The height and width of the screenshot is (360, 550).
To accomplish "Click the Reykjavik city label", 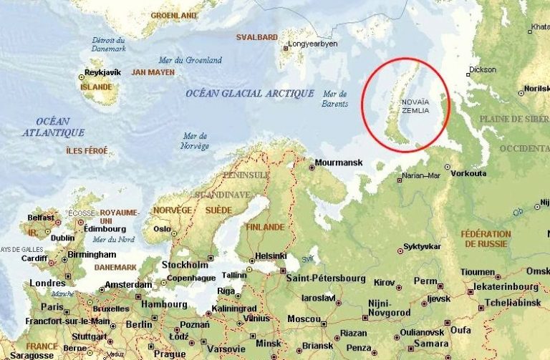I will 104,72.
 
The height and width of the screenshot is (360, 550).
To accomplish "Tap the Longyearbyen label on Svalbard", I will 312,44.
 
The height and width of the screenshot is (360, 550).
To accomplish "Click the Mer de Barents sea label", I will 335,99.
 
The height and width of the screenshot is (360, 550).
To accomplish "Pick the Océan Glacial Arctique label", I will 249,94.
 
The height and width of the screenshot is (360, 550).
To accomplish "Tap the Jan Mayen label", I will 153,72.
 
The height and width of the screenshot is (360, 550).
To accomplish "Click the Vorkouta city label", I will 469,173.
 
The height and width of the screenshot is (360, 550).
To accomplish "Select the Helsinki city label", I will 271,256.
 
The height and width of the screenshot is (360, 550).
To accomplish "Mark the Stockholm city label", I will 185,264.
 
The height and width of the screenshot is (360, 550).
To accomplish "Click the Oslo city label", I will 162,229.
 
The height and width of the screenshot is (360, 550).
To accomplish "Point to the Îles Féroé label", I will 86,150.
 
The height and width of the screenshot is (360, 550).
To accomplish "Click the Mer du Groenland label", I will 193,60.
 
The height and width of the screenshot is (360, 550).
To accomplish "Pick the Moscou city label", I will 304,318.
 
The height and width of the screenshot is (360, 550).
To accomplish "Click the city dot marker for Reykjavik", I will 82,76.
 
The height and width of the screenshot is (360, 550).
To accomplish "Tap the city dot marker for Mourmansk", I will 312,167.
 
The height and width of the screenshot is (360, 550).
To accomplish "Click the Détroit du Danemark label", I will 110,43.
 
